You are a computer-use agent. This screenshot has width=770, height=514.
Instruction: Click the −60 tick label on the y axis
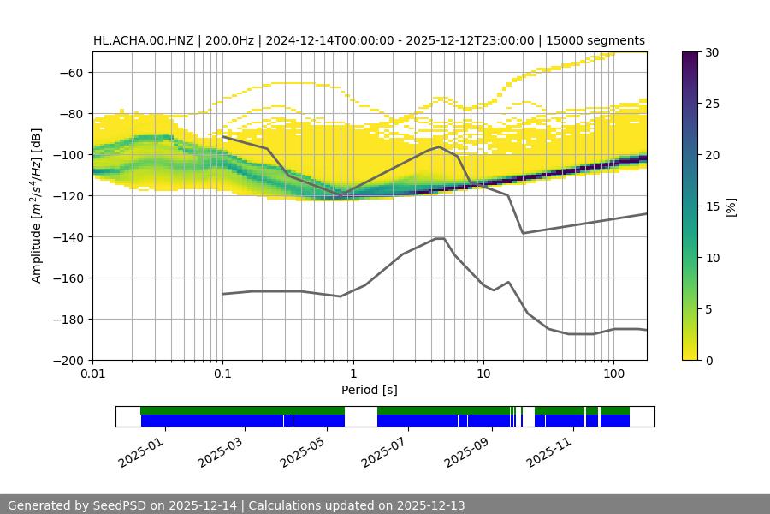tap(70, 72)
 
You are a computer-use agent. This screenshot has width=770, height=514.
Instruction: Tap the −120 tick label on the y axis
tap(67, 195)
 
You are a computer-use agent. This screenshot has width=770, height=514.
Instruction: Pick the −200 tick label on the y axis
tap(67, 360)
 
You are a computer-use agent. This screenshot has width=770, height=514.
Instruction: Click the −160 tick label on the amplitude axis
tap(67, 278)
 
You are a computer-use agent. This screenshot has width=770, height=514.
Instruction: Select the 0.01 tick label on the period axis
tap(92, 374)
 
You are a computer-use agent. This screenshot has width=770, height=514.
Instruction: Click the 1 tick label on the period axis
tap(353, 374)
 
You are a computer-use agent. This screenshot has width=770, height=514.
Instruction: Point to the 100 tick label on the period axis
tap(613, 374)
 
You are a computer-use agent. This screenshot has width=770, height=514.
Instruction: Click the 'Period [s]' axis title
tap(370, 390)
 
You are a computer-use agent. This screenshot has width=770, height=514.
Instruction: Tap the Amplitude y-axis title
tap(37, 206)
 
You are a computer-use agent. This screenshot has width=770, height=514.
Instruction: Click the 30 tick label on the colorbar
tap(711, 52)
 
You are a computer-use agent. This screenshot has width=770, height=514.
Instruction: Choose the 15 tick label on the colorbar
tap(711, 206)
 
